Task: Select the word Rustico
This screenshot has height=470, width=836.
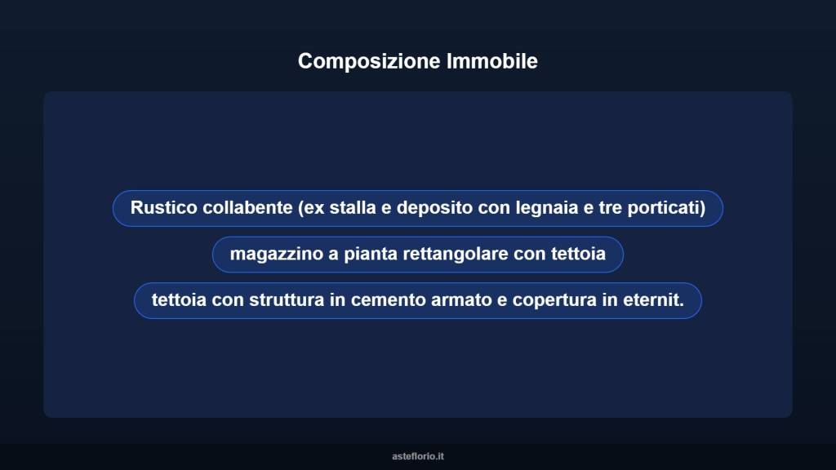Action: (x=163, y=208)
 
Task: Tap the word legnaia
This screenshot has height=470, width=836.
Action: (x=545, y=208)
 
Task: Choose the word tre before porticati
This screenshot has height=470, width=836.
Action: (x=610, y=208)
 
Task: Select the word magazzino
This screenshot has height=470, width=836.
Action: (x=276, y=254)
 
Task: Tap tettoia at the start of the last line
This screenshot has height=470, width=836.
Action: (x=179, y=300)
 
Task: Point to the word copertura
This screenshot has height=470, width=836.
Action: (x=554, y=300)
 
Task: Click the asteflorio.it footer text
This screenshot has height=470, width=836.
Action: (x=418, y=456)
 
